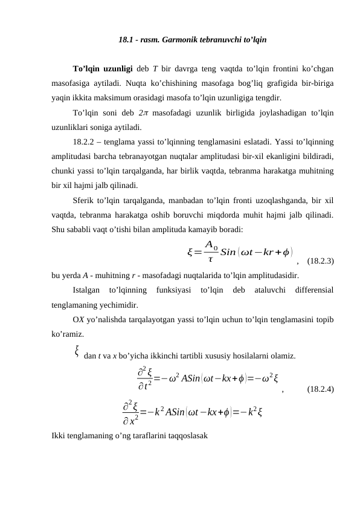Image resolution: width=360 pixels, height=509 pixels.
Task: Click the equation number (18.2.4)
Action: pos(320,389)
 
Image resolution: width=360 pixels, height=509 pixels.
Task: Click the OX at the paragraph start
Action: pos(78,320)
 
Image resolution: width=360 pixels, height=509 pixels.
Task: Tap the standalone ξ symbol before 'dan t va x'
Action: pos(77,350)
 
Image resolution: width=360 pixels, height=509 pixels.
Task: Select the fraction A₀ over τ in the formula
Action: pos(210,251)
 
